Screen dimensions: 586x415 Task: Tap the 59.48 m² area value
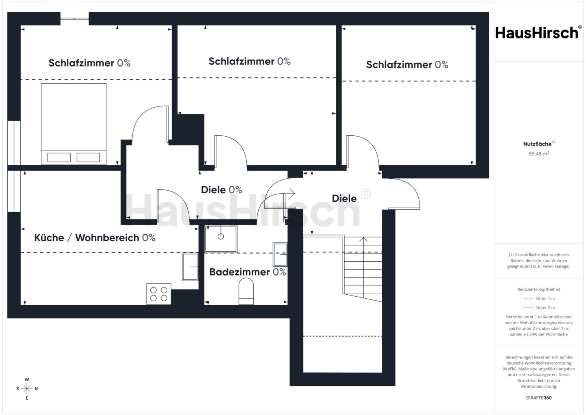pyautogui.click(x=539, y=154)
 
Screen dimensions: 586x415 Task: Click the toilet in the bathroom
pyautogui.click(x=246, y=291)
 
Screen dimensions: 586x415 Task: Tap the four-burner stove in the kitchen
pyautogui.click(x=158, y=294)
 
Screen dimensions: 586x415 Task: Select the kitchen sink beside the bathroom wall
pyautogui.click(x=190, y=267)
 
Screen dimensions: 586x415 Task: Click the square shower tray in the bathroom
pyautogui.click(x=221, y=239)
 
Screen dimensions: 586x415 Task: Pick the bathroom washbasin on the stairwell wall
pyautogui.click(x=280, y=254)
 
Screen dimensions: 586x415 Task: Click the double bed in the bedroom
pyautogui.click(x=74, y=124)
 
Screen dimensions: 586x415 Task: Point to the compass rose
pyautogui.click(x=27, y=388)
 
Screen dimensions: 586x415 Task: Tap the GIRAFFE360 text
pyautogui.click(x=539, y=398)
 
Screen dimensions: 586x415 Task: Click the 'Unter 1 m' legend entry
pyautogui.click(x=539, y=299)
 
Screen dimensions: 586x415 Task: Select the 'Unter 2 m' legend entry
pyautogui.click(x=539, y=307)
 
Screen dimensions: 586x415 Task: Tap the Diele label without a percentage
pyautogui.click(x=344, y=198)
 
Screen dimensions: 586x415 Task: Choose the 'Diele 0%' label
pyautogui.click(x=221, y=190)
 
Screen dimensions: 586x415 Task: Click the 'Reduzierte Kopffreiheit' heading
pyautogui.click(x=539, y=289)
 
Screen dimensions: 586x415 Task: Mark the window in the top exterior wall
pyautogui.click(x=74, y=18)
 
